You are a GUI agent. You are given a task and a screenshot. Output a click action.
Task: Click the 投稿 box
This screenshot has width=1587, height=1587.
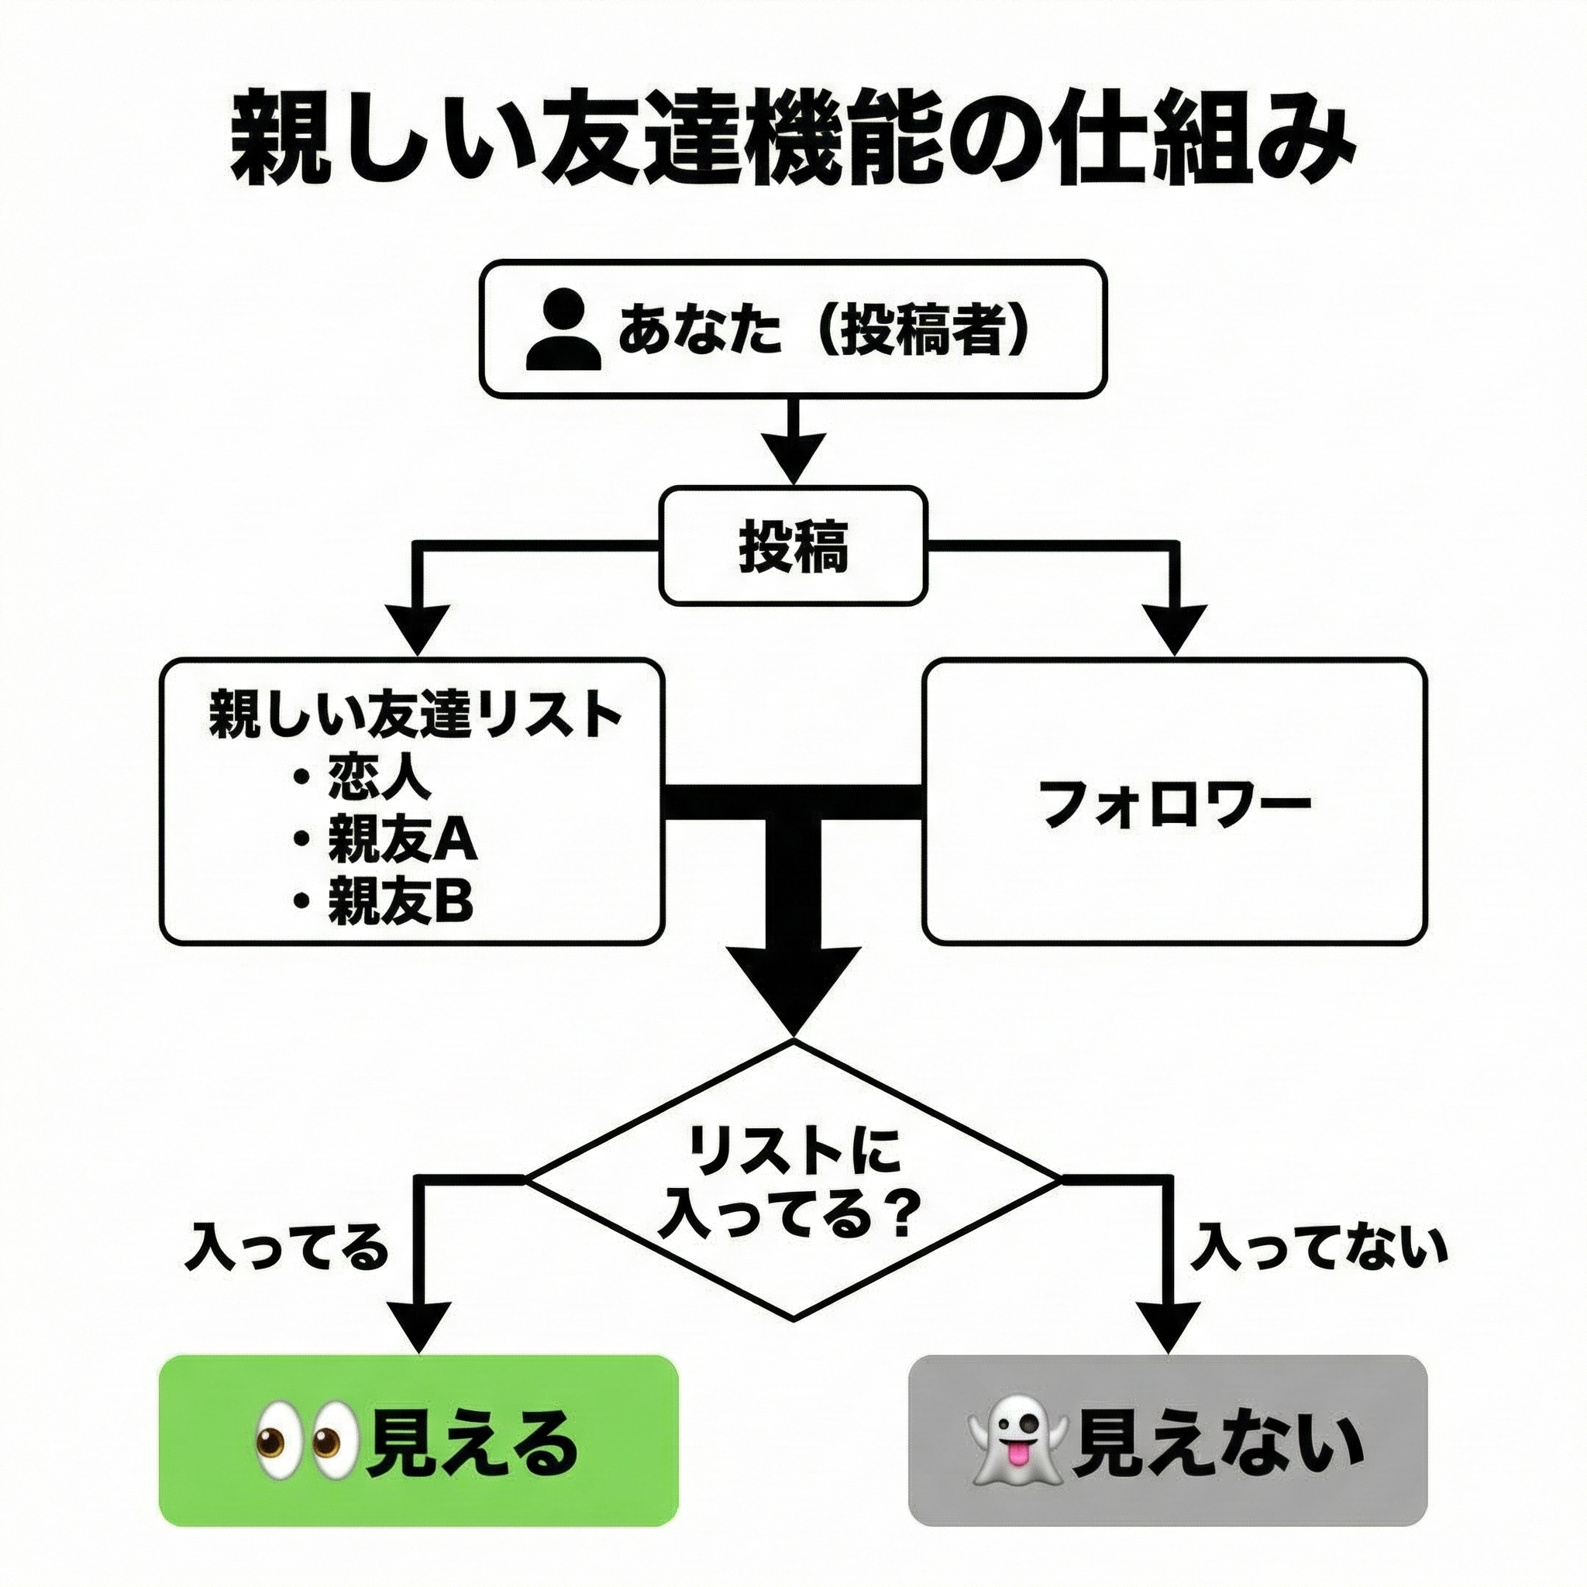pos(793,546)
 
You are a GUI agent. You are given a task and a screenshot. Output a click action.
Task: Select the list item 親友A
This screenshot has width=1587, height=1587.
pos(401,838)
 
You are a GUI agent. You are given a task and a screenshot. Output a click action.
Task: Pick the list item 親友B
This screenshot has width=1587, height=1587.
pos(400,901)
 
